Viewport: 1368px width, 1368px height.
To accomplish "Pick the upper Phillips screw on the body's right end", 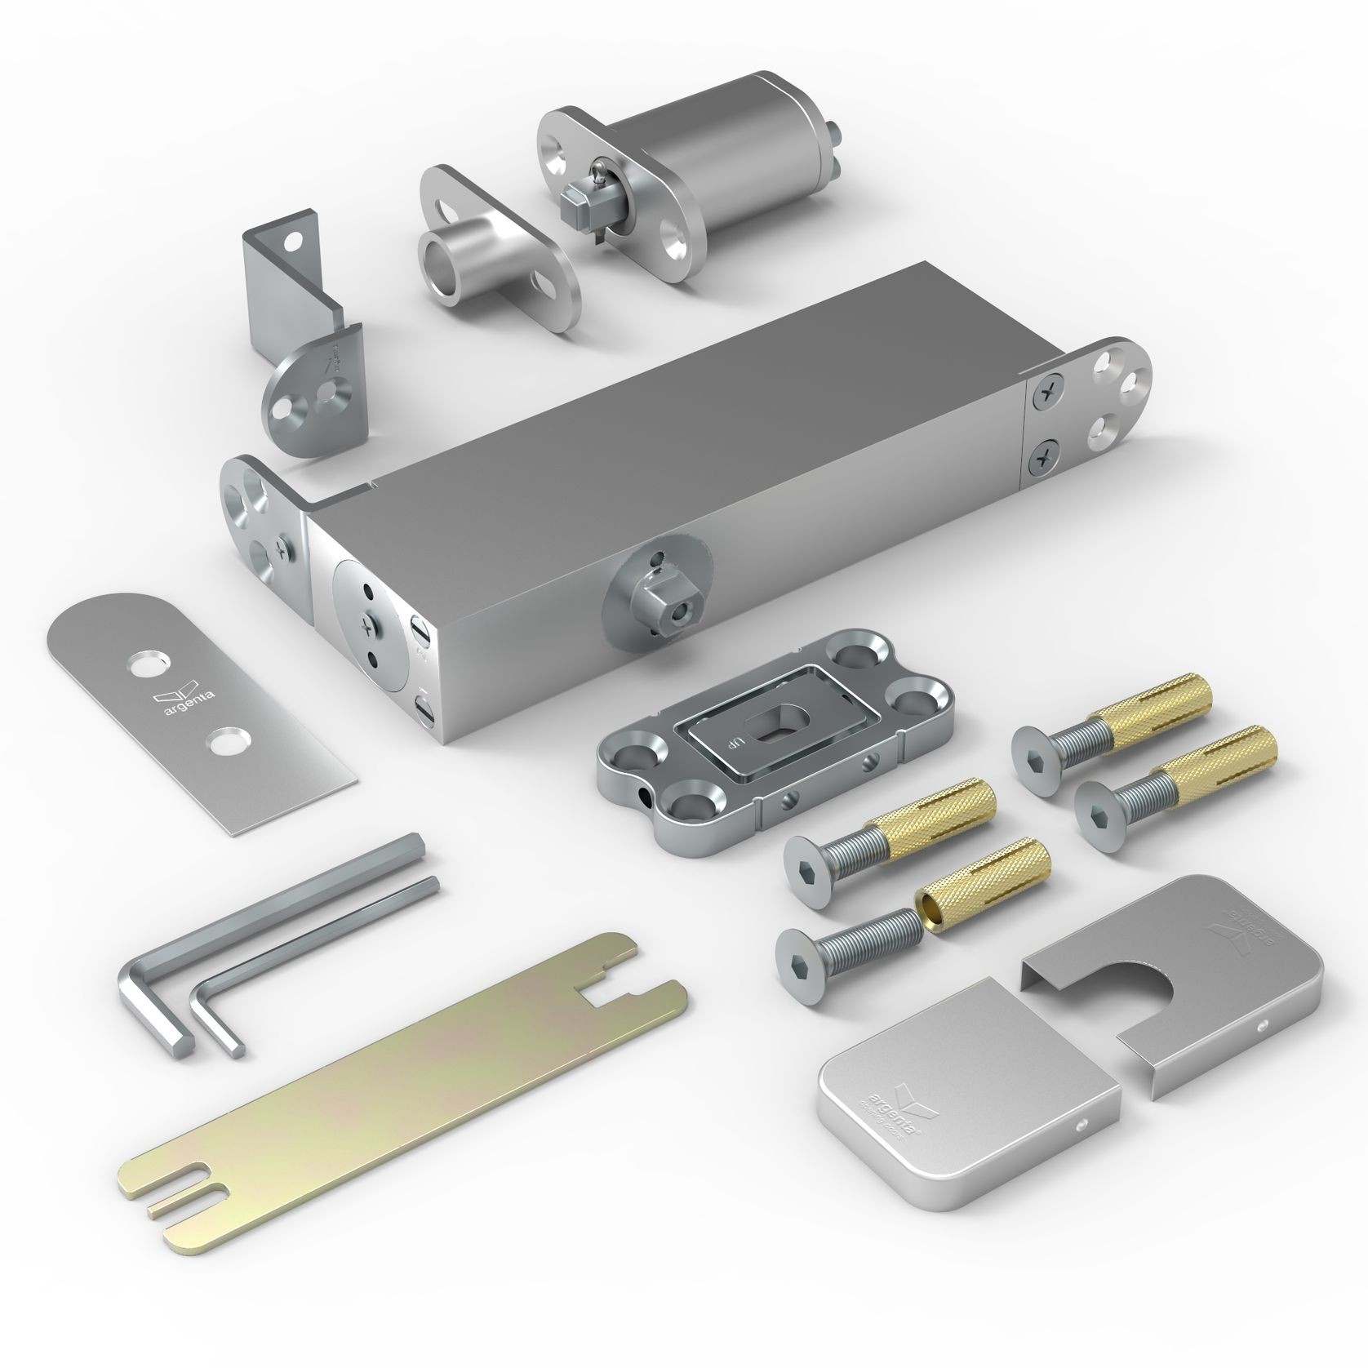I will coord(1046,394).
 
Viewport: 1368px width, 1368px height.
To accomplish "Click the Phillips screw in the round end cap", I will coord(366,628).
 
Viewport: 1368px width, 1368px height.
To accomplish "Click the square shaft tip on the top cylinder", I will coord(576,195).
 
